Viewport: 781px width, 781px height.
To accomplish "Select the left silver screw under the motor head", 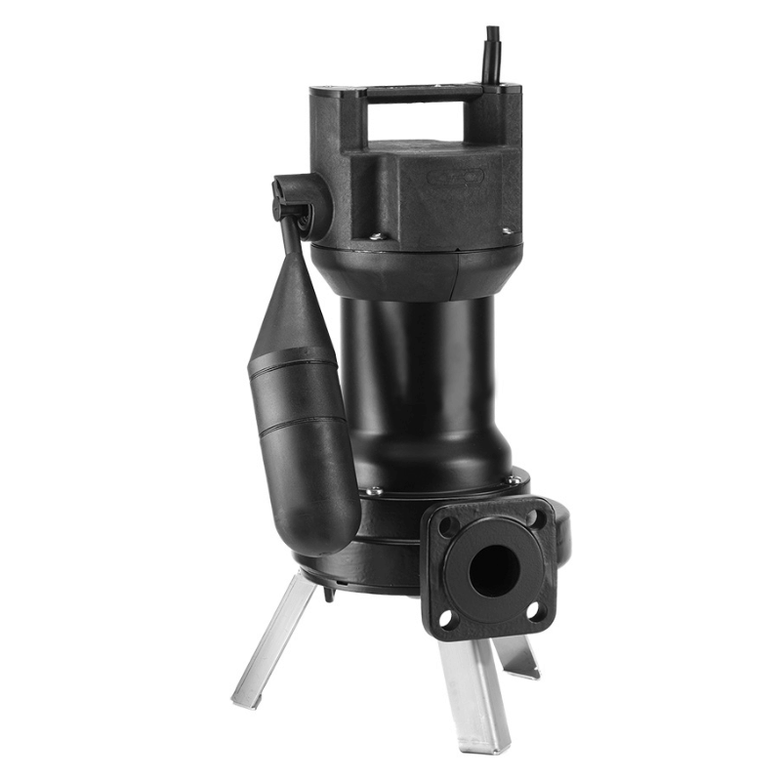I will point(376,234).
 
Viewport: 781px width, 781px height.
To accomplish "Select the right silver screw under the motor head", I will point(507,231).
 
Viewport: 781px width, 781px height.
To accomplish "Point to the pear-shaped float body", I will point(297,430).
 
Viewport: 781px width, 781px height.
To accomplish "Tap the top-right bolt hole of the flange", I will point(532,517).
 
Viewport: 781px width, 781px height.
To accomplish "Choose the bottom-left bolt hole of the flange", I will point(446,618).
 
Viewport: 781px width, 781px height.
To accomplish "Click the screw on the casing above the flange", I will point(512,479).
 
